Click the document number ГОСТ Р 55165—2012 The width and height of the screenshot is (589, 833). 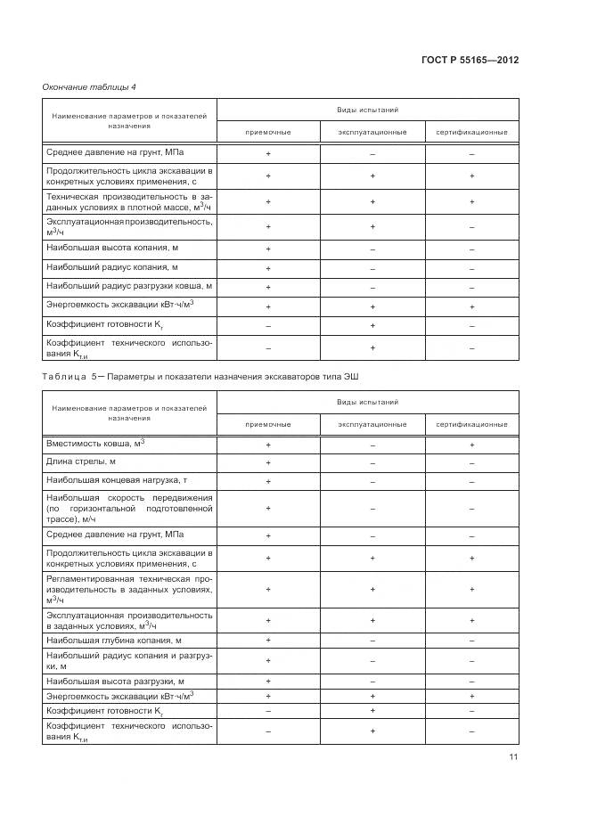(x=469, y=60)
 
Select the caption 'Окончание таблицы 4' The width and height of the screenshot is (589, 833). (x=89, y=86)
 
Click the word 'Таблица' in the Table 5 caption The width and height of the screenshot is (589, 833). (x=65, y=375)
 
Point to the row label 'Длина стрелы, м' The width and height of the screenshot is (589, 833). (x=81, y=461)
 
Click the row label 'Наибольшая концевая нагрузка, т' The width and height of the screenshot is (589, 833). (x=117, y=480)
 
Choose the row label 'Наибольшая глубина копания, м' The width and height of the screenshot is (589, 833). (x=114, y=640)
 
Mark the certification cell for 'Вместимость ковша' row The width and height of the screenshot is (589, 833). (x=471, y=444)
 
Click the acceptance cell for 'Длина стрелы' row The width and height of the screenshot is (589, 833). (x=268, y=462)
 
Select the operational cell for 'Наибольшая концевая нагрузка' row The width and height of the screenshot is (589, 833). (x=372, y=481)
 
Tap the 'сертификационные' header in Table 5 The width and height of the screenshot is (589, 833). (x=471, y=424)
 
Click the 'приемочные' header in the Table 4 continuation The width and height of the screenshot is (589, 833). (x=268, y=132)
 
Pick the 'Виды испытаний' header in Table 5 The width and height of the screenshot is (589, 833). (x=367, y=403)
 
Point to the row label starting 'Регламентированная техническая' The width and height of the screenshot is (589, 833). (x=129, y=589)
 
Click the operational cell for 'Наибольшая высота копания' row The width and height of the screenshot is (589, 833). (x=372, y=248)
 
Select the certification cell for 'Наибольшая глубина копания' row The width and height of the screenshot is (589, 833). (x=471, y=641)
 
